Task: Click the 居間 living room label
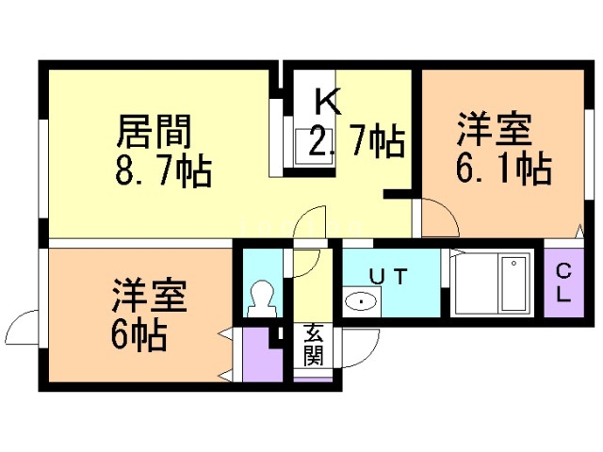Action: click(x=154, y=132)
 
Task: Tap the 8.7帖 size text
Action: click(x=163, y=170)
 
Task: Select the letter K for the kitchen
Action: click(x=328, y=101)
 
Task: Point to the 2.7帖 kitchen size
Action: click(x=356, y=140)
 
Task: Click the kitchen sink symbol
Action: click(x=314, y=148)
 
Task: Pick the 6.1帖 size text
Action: click(x=504, y=169)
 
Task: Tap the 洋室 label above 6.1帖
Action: click(x=495, y=129)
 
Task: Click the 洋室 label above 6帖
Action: click(x=150, y=295)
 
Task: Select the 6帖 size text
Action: click(x=139, y=335)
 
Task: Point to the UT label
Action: click(x=388, y=276)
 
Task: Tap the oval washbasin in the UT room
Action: click(x=361, y=301)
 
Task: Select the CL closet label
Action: click(x=563, y=283)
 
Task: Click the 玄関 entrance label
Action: click(x=313, y=345)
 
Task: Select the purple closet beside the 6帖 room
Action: click(x=262, y=355)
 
